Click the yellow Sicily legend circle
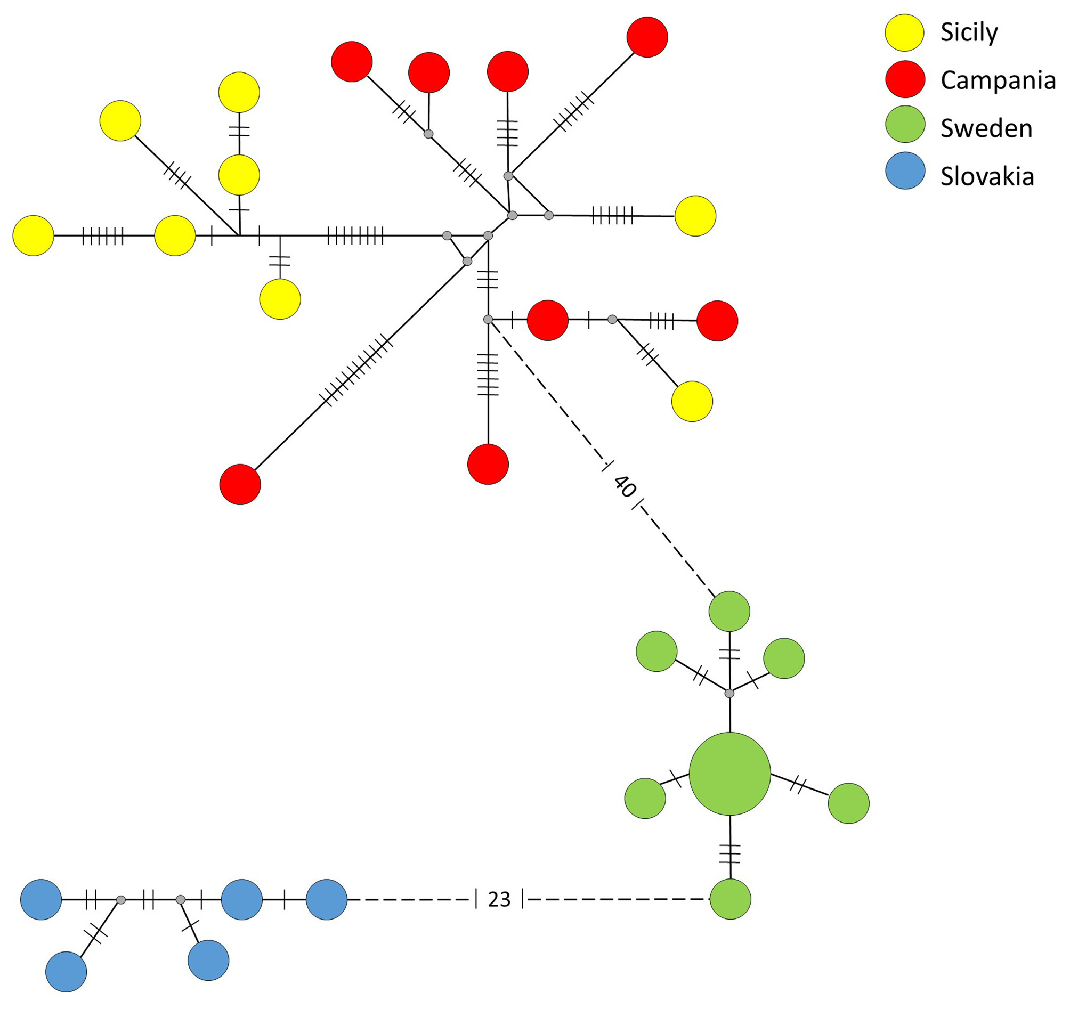coord(905,33)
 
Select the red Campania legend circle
coord(905,79)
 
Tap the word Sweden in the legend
coord(986,128)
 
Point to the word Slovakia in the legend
coord(987,176)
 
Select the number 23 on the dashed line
coord(499,899)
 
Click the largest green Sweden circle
coord(729,774)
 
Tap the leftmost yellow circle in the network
coord(34,235)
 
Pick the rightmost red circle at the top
coord(647,37)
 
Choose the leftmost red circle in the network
coord(240,484)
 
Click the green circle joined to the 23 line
coord(730,899)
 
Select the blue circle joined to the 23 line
coord(327,899)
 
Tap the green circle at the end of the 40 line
coord(729,612)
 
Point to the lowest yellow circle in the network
coord(692,402)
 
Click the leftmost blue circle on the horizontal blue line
coord(41,899)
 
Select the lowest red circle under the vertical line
coord(488,464)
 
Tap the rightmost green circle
coord(848,803)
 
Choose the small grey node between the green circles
coord(729,694)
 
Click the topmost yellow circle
coord(239,93)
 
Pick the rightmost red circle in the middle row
coord(717,321)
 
